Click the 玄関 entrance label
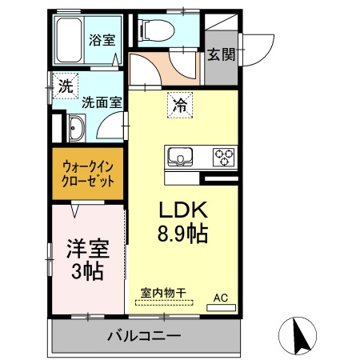click(x=221, y=54)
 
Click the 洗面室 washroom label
click(x=102, y=102)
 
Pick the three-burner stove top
click(x=222, y=155)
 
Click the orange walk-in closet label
click(x=88, y=172)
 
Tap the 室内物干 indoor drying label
click(x=163, y=293)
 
